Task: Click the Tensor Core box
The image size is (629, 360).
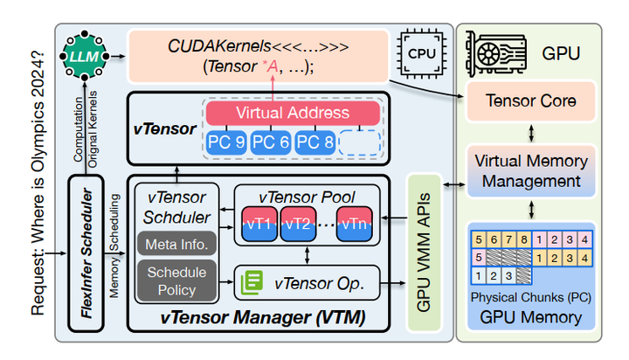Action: pos(530,101)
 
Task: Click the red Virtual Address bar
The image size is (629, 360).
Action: pos(292,113)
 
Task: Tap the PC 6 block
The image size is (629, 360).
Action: pos(272,142)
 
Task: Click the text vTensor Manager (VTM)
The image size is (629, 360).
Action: pos(262,316)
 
